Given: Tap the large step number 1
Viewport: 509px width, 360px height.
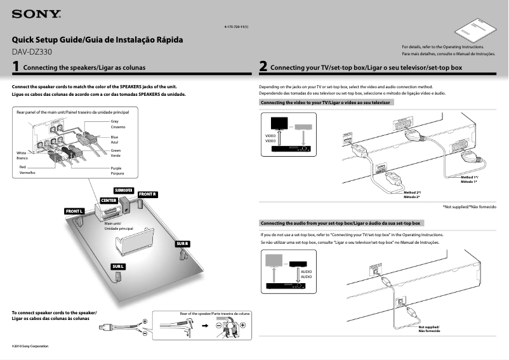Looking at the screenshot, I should point(16,66).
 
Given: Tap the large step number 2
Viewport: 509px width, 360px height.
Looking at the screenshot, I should point(263,66).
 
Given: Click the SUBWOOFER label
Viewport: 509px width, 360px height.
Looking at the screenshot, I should point(123,190).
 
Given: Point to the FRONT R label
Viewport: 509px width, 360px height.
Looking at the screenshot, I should point(147,194).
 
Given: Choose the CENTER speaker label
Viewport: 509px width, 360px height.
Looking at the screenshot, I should point(108,201).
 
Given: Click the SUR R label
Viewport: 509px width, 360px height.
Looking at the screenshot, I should point(182,244).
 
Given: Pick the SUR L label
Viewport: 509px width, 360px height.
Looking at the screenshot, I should point(119,265).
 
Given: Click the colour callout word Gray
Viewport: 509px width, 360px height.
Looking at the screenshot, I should point(115,121).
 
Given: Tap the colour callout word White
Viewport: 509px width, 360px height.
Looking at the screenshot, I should point(22,152).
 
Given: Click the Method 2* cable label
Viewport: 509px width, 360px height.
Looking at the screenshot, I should point(412,192).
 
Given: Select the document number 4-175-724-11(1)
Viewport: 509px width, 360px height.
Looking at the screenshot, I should point(236,27).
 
